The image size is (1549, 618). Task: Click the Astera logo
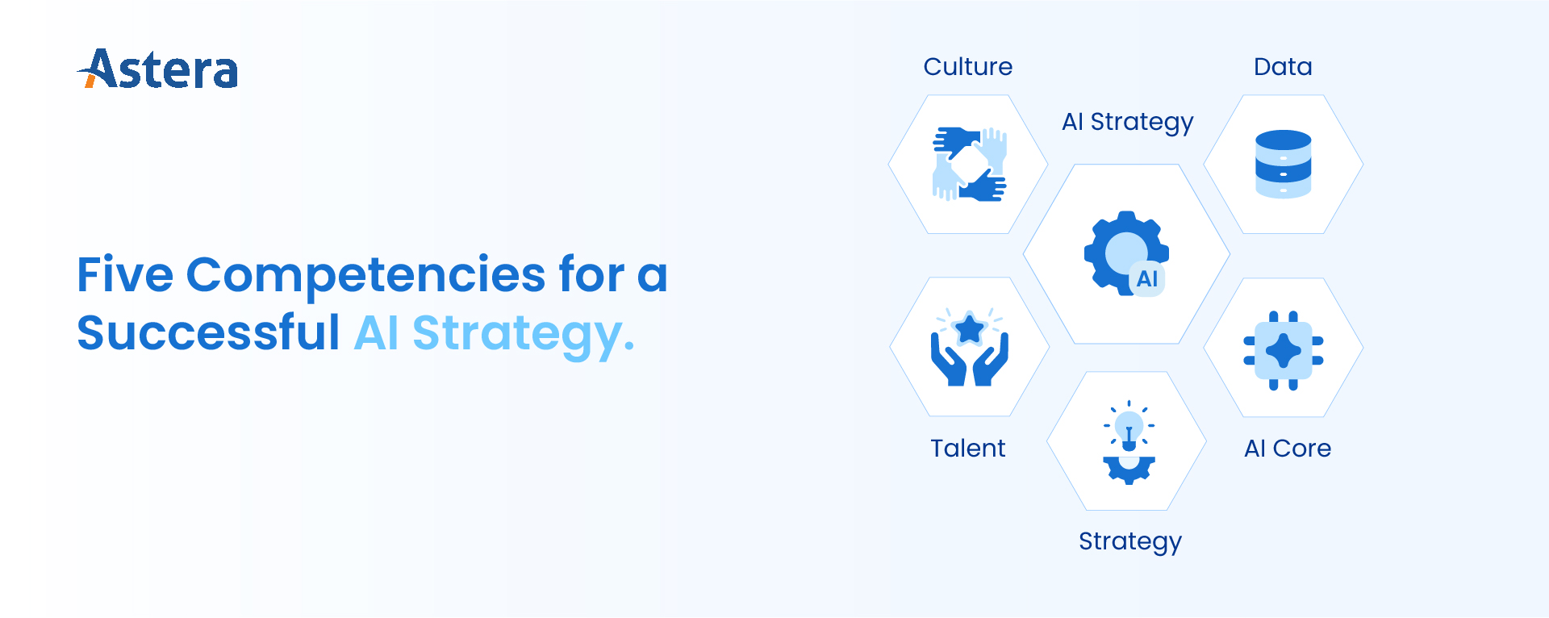[x=157, y=69]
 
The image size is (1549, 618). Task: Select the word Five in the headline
[x=125, y=274]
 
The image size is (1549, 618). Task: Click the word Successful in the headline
[x=208, y=332]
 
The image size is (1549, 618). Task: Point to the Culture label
[x=968, y=66]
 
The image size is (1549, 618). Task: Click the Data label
[x=1283, y=66]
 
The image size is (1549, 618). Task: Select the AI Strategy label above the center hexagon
[x=1128, y=123]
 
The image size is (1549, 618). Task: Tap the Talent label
[x=968, y=448]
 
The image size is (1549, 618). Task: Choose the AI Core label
[x=1288, y=448]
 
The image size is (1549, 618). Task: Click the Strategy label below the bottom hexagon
[x=1130, y=541]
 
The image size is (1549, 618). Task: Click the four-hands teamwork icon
[x=969, y=164]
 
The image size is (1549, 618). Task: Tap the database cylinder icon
[x=1283, y=164]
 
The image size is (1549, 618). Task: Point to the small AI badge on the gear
[x=1147, y=279]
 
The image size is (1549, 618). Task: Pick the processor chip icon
[x=1283, y=351]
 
